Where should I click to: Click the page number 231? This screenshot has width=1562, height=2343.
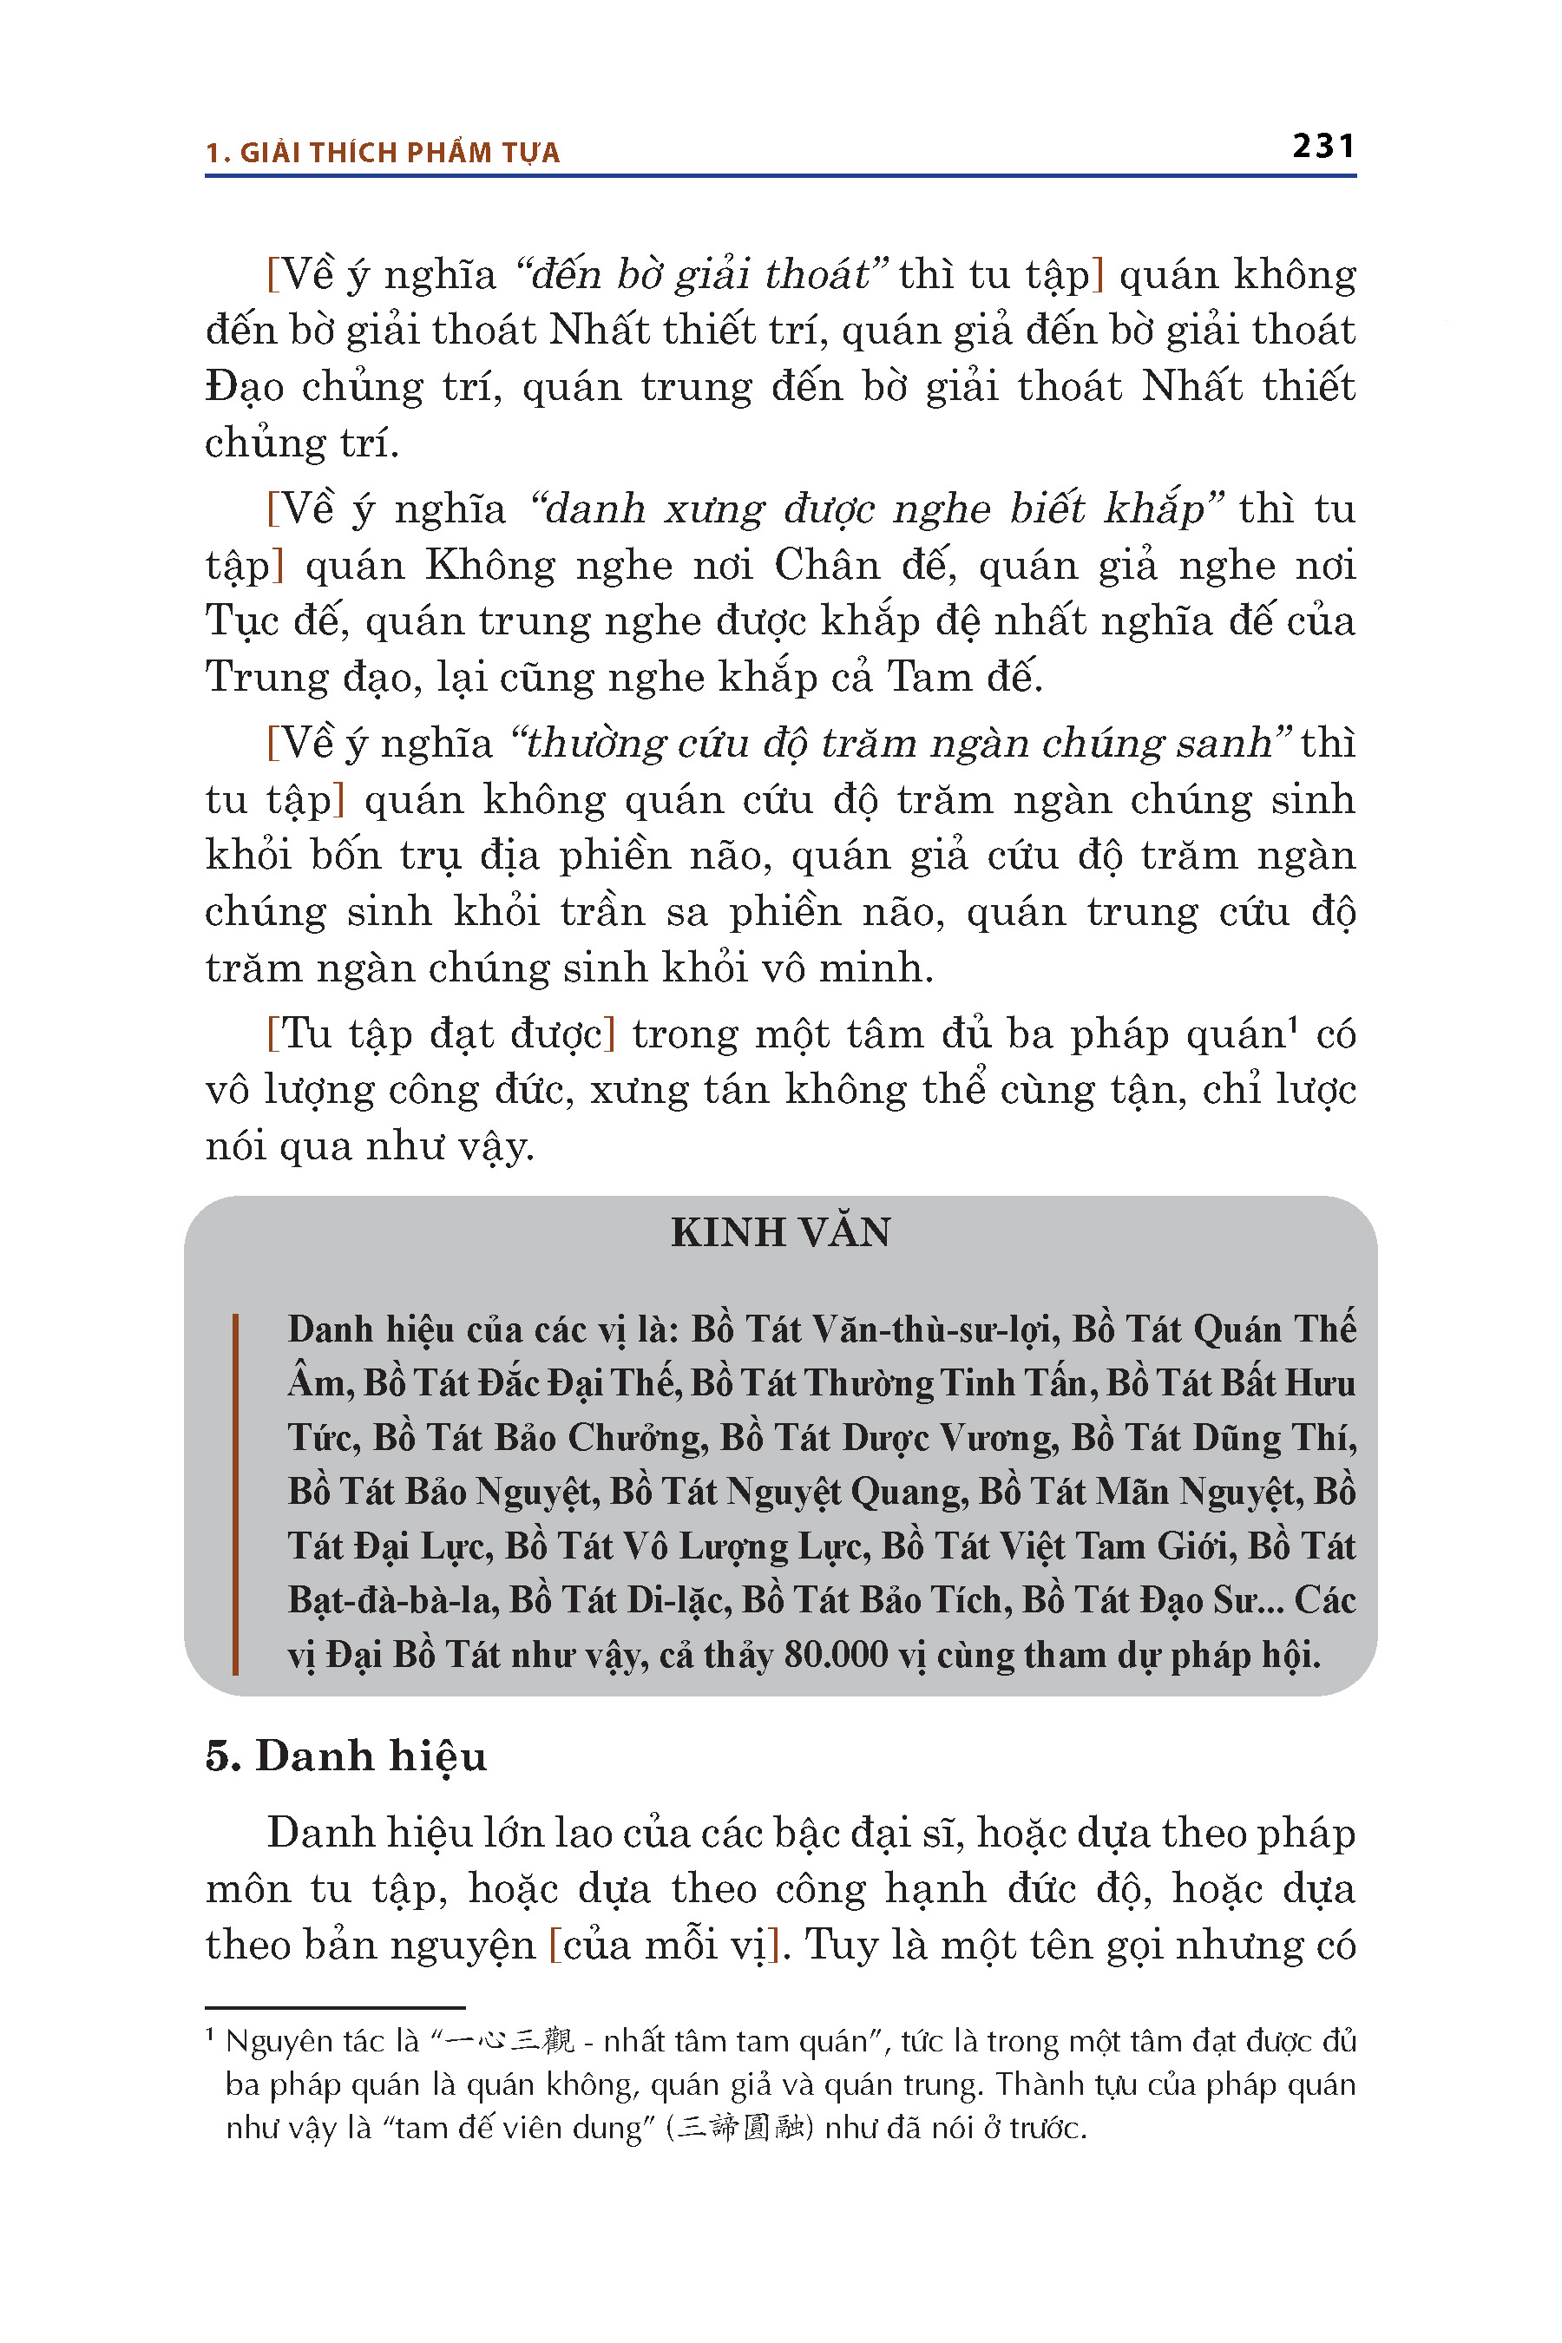1322,147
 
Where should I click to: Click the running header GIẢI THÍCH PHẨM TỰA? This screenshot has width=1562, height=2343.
399,153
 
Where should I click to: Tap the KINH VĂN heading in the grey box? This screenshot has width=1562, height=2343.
780,1232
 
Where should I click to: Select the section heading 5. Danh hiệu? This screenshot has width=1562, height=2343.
345,1756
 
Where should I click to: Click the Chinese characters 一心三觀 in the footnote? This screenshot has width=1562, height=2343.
510,2041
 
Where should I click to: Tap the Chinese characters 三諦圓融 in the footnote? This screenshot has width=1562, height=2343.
739,2128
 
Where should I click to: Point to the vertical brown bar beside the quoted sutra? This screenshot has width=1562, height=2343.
235,1493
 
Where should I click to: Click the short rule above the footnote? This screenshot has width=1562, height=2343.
335,2007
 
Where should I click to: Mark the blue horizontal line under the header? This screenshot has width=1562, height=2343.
780,176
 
